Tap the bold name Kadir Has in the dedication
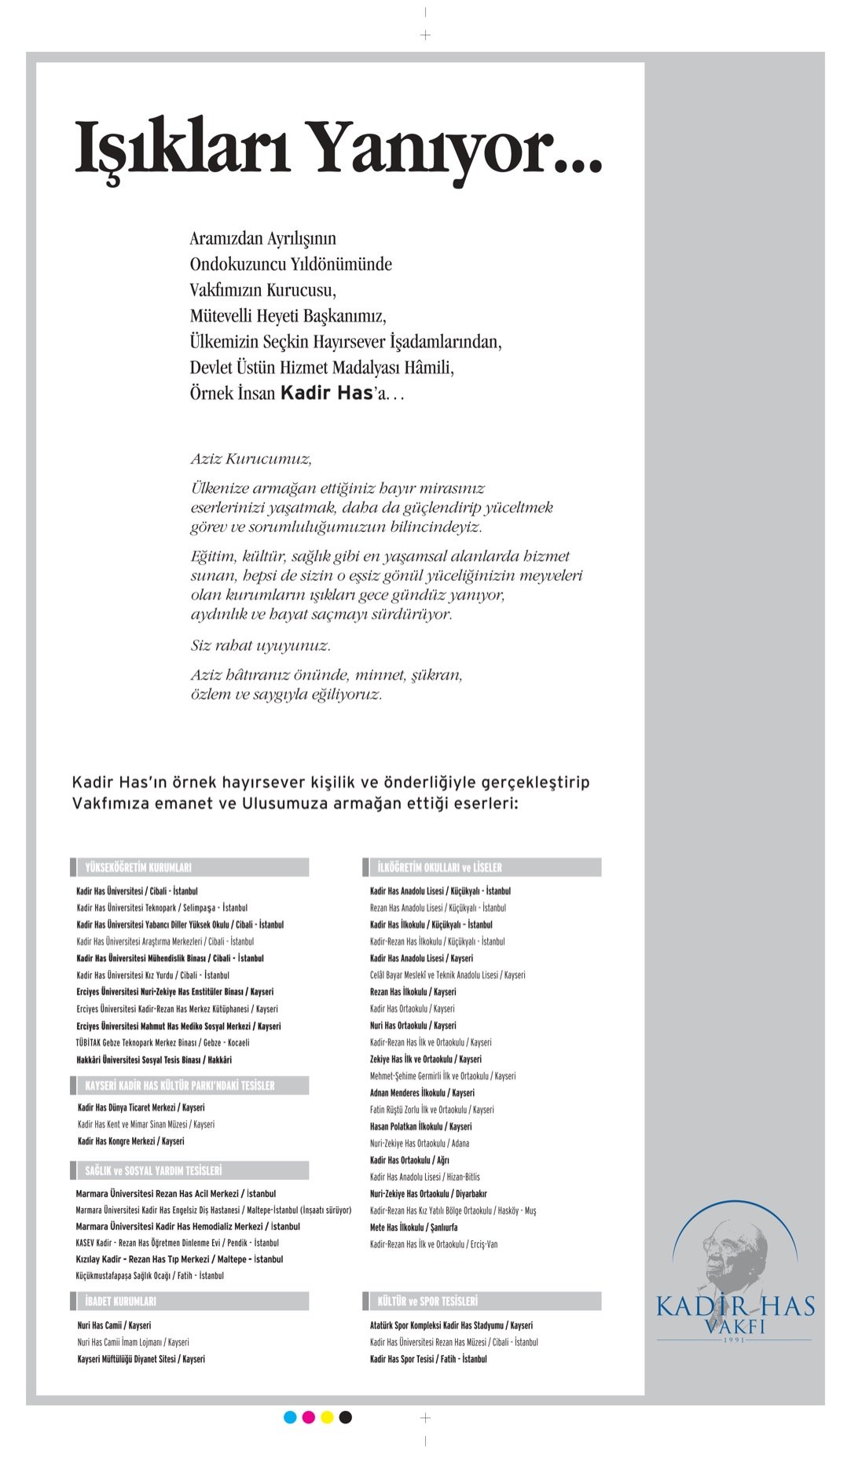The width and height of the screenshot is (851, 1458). pos(326,392)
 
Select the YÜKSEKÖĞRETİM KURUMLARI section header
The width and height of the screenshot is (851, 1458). pos(138,868)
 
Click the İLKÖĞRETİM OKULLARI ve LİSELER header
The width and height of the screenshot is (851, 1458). pos(439,868)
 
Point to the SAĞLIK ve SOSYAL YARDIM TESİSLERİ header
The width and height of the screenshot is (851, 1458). pos(153,1170)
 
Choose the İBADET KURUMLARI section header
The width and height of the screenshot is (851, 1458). pos(120,1301)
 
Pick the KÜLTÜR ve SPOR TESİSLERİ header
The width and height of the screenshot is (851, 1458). pos(427,1301)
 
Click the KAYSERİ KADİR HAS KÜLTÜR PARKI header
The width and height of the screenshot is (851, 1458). pos(180,1085)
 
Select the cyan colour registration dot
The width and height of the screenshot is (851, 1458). pos(290,1417)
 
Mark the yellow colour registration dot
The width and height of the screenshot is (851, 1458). pos(327,1417)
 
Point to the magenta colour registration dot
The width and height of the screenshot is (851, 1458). pos(309,1417)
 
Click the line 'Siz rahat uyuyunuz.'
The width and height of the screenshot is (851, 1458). pos(260,645)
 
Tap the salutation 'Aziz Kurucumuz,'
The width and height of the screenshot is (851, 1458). pos(251,459)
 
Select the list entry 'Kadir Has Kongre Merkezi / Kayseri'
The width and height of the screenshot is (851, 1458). pos(130,1141)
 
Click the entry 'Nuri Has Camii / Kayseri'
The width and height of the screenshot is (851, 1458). pos(114,1325)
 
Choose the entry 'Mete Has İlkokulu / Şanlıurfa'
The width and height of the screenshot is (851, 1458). pos(413,1227)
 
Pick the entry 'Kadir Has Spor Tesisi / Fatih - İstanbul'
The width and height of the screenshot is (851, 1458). pos(428,1359)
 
